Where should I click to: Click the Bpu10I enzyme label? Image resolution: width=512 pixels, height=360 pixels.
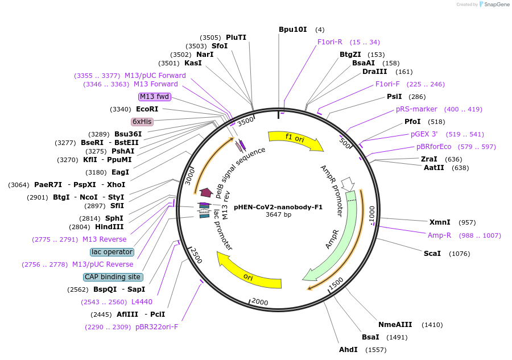[292, 30]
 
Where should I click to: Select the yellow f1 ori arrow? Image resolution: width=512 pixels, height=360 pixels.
[295, 140]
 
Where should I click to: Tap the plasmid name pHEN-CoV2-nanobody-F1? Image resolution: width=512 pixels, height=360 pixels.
[278, 207]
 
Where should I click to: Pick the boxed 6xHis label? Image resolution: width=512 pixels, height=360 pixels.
[142, 122]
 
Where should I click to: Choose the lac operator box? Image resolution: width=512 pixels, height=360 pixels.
[112, 252]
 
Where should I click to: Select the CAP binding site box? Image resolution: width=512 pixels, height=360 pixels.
[113, 277]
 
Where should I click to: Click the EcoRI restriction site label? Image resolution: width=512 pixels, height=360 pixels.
[147, 109]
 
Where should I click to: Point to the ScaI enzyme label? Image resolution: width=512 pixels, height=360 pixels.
[432, 253]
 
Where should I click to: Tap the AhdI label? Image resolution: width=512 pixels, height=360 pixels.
[348, 349]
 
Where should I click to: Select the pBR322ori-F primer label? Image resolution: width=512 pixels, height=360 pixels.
[156, 327]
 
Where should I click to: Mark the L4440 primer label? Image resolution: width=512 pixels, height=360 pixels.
[142, 302]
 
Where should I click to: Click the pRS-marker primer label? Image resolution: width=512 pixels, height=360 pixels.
[416, 109]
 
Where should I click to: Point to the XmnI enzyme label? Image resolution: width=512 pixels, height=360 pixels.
[440, 222]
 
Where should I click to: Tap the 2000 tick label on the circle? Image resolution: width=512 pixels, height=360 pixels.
[260, 301]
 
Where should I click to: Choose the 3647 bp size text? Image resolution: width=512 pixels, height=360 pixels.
[278, 215]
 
